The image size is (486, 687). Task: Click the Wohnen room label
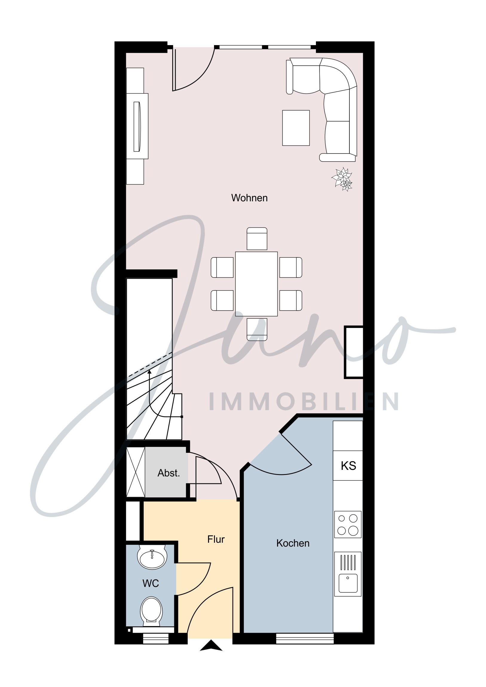click(249, 198)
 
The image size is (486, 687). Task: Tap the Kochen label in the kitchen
click(293, 543)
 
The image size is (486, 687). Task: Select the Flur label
click(216, 539)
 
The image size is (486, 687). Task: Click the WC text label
click(151, 583)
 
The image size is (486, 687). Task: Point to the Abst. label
click(169, 473)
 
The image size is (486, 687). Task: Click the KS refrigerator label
click(348, 466)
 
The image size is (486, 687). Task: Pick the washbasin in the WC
click(152, 556)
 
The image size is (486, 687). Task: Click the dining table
click(256, 284)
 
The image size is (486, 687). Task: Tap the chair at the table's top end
click(257, 239)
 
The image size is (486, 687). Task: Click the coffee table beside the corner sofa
click(296, 128)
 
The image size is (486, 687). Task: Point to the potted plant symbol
click(342, 179)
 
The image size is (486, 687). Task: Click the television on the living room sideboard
click(137, 127)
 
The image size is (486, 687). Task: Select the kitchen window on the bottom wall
click(305, 639)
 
